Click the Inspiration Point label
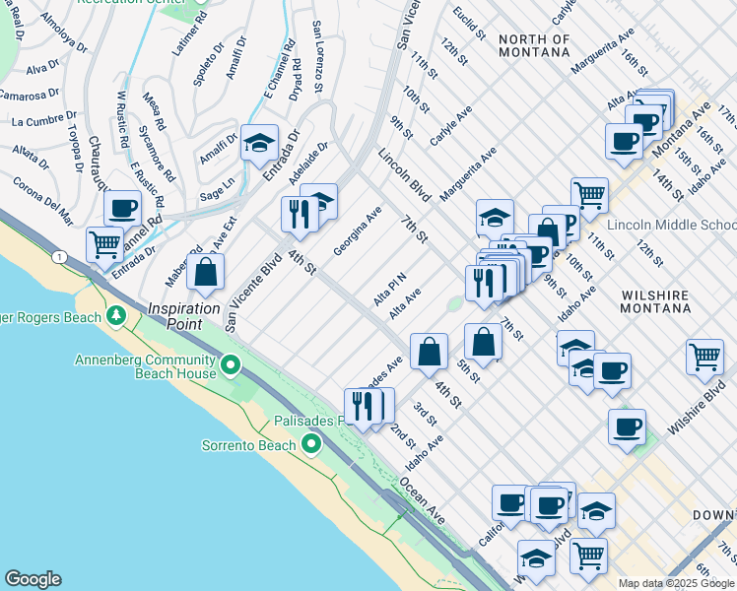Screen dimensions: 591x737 tap(183, 308)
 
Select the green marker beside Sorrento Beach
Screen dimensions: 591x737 tap(312, 444)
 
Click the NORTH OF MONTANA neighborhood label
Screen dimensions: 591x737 tap(534, 46)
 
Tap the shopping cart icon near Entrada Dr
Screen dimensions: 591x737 tap(104, 243)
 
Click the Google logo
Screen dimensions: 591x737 tap(33, 579)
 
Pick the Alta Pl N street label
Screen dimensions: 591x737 tap(389, 290)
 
